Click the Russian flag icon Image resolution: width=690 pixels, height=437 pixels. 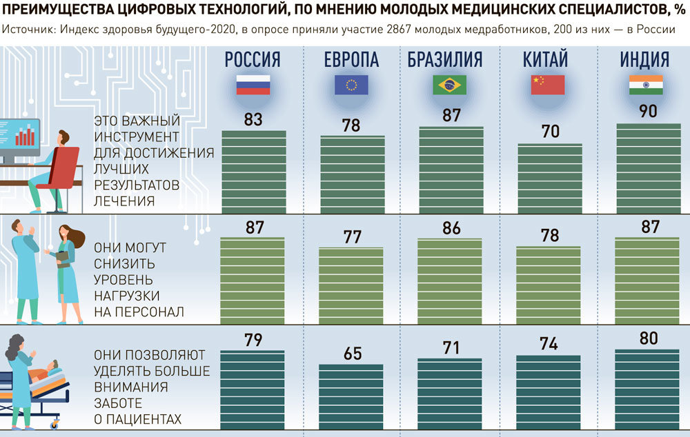[253, 85]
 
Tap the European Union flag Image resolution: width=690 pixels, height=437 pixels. [351, 85]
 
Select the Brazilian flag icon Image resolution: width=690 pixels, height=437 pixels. [449, 85]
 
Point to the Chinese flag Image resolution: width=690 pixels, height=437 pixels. [548, 85]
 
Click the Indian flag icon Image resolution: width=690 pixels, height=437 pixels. [646, 85]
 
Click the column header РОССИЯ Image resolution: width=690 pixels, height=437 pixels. [253, 60]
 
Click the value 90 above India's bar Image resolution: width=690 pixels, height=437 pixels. [648, 112]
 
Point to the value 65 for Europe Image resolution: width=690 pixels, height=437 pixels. [353, 354]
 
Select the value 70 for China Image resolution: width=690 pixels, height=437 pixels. [550, 132]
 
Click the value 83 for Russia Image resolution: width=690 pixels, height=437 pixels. [253, 119]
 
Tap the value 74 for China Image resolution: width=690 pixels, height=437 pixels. [549, 345]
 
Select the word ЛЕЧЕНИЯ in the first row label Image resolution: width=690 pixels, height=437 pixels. [124, 201]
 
